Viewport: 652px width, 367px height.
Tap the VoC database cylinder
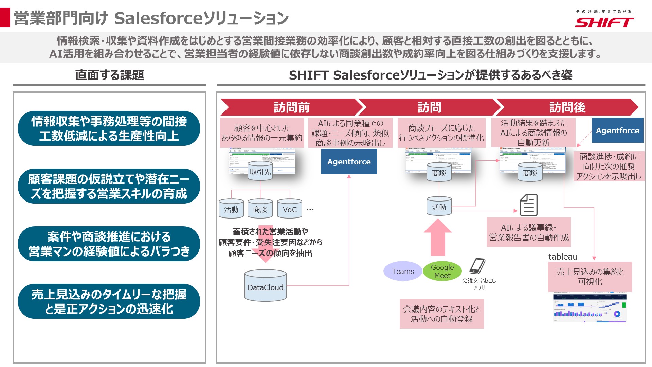290,208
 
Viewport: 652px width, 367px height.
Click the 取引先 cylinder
260,171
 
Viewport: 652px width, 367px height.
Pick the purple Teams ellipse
403,271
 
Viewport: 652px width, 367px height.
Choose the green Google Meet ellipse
442,271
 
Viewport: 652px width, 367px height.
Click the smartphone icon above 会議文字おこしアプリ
477,266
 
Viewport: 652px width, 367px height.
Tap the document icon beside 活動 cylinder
529,205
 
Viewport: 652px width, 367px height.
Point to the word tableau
563,257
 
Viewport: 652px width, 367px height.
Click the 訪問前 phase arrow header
291,107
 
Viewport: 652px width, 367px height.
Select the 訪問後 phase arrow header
567,107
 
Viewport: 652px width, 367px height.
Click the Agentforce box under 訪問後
617,130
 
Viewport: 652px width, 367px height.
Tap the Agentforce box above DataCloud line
349,162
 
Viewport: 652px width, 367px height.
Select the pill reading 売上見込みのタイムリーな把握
109,301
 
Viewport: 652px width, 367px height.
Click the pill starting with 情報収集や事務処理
109,128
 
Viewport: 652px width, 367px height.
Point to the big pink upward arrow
438,237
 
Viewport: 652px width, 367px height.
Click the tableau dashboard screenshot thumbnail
590,308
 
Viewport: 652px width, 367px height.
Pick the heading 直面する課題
109,75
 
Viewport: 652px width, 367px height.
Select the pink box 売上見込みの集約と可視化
590,277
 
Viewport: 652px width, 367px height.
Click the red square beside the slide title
5,18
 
